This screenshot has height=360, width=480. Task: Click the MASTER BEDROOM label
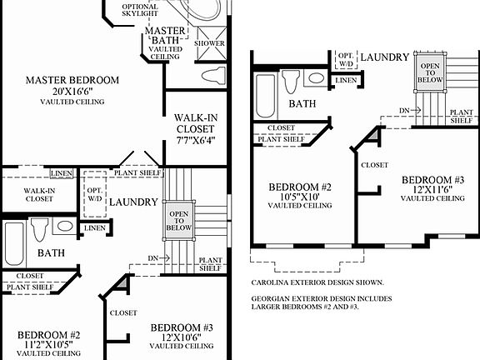pyautogui.click(x=72, y=80)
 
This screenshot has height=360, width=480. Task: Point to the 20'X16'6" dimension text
pyautogui.click(x=72, y=91)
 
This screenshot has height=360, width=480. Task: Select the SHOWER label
pyautogui.click(x=209, y=42)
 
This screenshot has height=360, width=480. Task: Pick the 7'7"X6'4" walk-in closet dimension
pyautogui.click(x=196, y=141)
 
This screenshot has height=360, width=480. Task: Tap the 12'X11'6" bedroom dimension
pyautogui.click(x=432, y=189)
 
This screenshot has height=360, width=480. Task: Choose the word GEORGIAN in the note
pyautogui.click(x=276, y=297)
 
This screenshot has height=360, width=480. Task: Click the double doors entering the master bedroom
pyautogui.click(x=135, y=158)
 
